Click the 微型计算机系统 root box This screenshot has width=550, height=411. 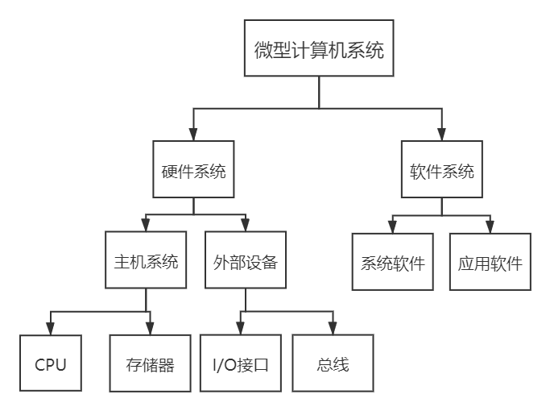[319, 50]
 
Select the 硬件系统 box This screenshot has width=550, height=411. [193, 170]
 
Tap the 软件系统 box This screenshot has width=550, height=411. [441, 170]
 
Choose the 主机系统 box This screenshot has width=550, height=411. [146, 260]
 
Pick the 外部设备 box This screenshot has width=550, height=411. [246, 260]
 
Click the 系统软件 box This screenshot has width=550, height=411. [392, 262]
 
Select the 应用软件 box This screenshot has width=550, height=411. [490, 262]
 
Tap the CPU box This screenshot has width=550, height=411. [50, 363]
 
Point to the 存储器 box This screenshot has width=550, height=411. [150, 363]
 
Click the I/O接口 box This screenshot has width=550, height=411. [240, 363]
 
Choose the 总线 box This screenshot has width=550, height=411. [333, 363]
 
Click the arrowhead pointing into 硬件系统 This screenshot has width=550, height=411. [193, 135]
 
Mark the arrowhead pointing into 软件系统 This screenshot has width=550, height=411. [441, 135]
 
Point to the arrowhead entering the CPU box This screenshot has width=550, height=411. [50, 329]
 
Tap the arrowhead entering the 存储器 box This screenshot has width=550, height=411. [150, 329]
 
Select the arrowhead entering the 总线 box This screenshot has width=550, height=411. [333, 329]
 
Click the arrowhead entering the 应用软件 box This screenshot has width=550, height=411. [490, 226]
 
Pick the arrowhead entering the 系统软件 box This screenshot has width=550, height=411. [392, 226]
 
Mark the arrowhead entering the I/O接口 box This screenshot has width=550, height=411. [240, 329]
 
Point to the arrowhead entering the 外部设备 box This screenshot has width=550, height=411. [246, 225]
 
